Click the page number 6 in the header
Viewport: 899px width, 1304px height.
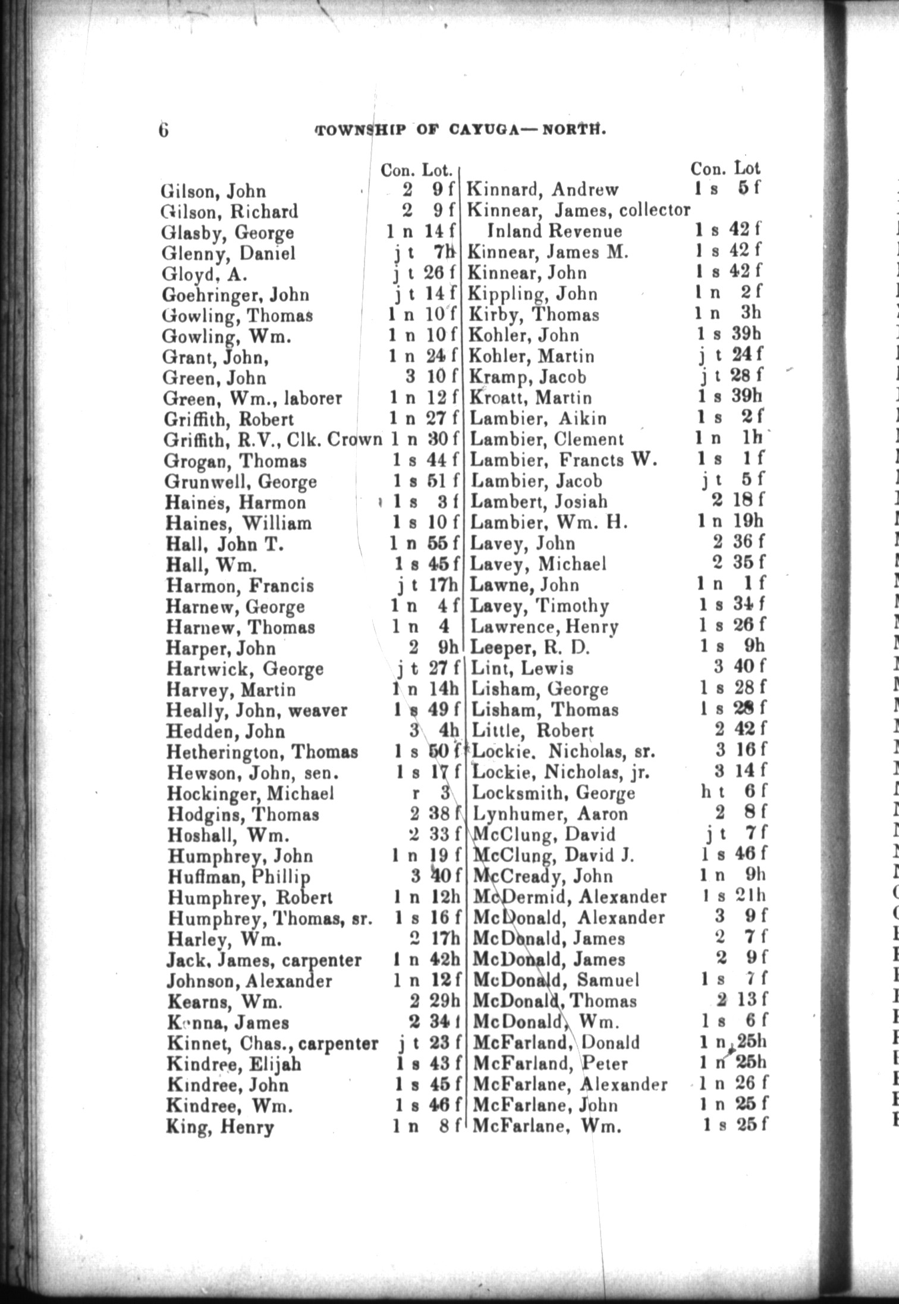pyautogui.click(x=164, y=129)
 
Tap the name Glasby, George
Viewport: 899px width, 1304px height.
pyautogui.click(x=228, y=233)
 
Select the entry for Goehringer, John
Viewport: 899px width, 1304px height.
pyautogui.click(x=235, y=295)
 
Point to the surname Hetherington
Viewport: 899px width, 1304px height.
pyautogui.click(x=225, y=752)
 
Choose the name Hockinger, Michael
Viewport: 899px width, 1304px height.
pyautogui.click(x=250, y=794)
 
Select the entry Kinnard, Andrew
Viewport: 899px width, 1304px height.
pyautogui.click(x=543, y=190)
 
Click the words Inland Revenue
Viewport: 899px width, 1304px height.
pyautogui.click(x=554, y=231)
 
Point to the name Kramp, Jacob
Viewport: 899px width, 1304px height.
pyautogui.click(x=528, y=377)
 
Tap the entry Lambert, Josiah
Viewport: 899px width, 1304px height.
pyautogui.click(x=539, y=501)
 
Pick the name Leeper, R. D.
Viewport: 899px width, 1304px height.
pyautogui.click(x=530, y=647)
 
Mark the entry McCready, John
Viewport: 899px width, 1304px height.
pyautogui.click(x=543, y=876)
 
